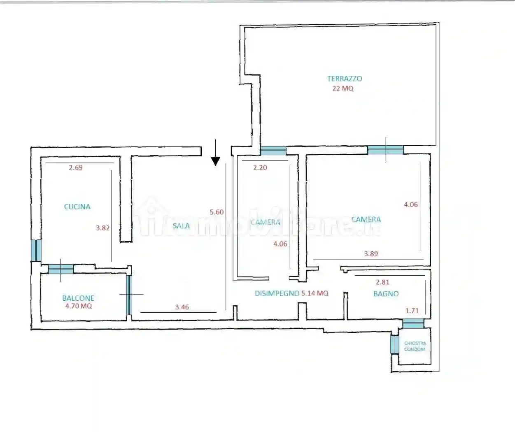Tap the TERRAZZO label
tap(345, 79)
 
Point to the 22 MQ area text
tap(343, 88)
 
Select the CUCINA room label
tap(77, 207)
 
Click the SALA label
tap(181, 226)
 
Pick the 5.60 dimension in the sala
tap(217, 212)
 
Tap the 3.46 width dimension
tap(182, 307)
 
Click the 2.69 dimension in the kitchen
tap(76, 167)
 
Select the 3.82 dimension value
tap(103, 228)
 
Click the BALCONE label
tap(78, 298)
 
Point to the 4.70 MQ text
tap(78, 306)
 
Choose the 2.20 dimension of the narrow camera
tap(260, 167)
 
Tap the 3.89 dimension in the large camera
tap(371, 254)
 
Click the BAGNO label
tap(386, 294)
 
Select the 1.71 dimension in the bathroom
tap(412, 311)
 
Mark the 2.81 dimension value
tap(382, 282)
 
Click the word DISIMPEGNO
tap(277, 293)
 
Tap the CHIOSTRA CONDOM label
tap(415, 346)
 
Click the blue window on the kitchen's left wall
tap(36, 250)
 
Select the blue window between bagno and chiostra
tap(413, 325)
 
